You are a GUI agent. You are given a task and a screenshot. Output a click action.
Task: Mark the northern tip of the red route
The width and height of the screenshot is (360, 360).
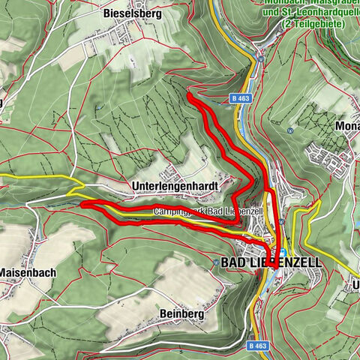189,95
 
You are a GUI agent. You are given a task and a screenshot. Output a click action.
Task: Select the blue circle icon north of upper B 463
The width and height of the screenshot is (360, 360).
259,56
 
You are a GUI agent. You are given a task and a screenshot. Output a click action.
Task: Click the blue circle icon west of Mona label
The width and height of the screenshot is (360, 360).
289,129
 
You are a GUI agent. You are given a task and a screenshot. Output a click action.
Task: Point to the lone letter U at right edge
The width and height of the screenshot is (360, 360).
355,285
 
